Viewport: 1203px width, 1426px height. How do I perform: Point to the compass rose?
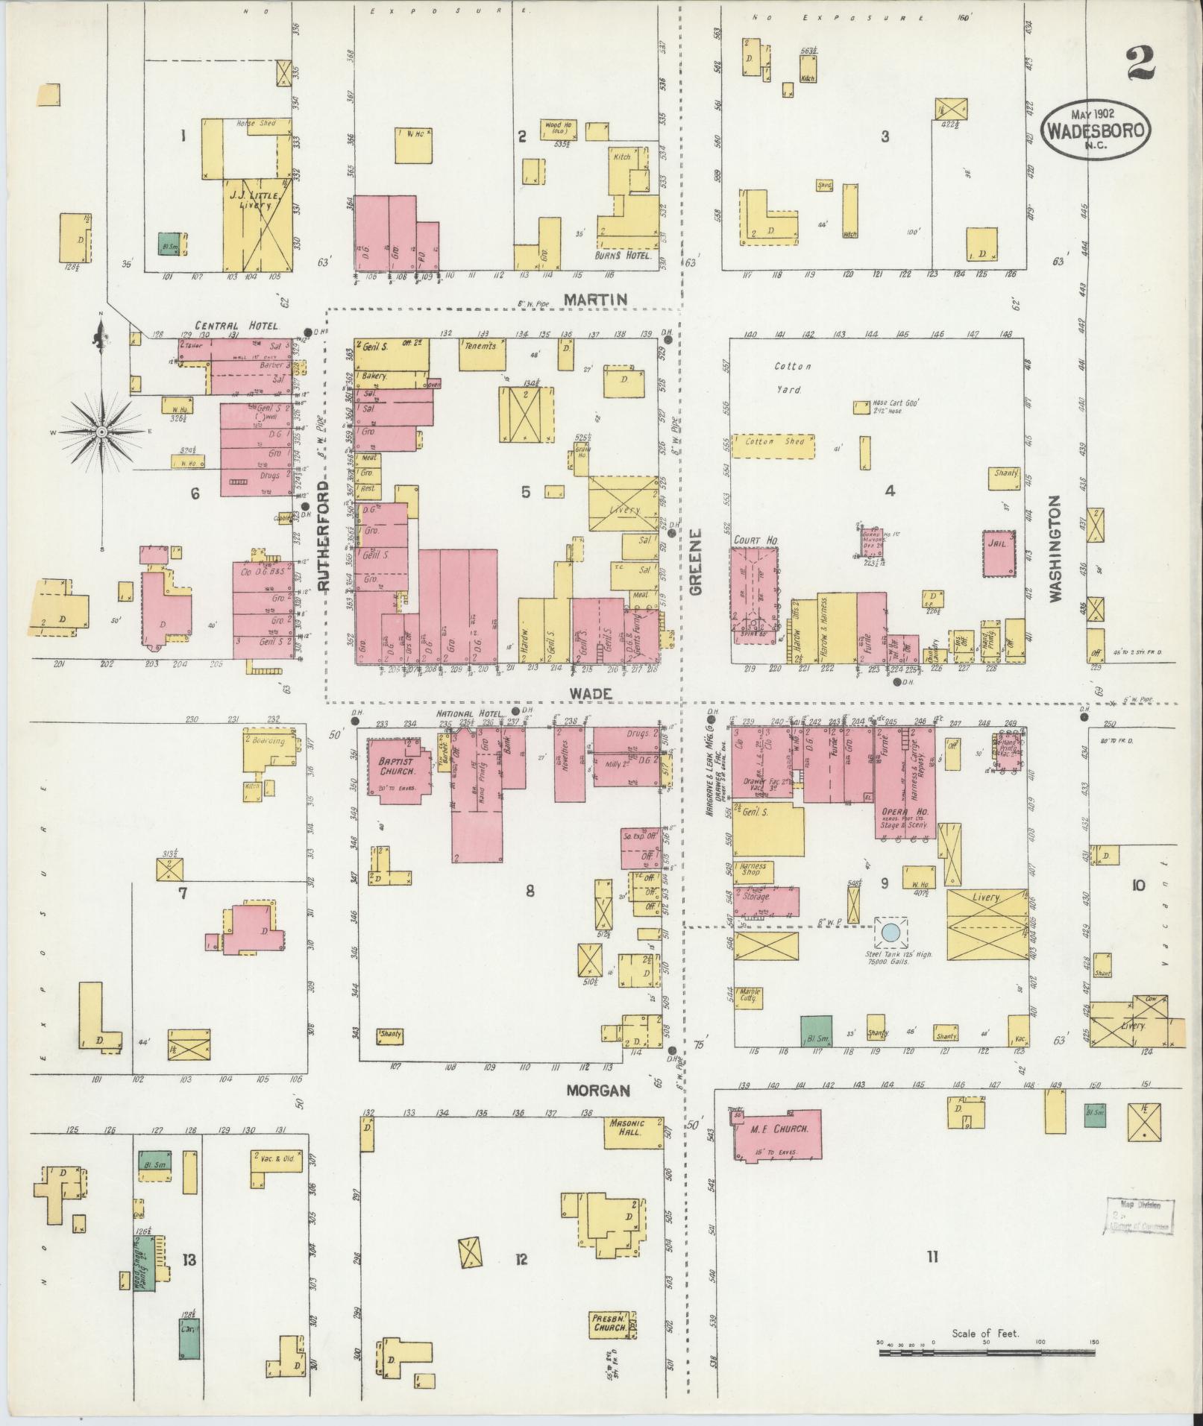click(x=102, y=432)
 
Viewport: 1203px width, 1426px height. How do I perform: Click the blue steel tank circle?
click(x=891, y=932)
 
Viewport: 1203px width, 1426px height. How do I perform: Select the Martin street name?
click(x=595, y=299)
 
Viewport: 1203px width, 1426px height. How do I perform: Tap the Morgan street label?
click(x=597, y=1090)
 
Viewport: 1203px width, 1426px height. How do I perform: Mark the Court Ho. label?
click(x=752, y=540)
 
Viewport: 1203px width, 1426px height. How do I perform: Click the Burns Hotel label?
click(x=624, y=255)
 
